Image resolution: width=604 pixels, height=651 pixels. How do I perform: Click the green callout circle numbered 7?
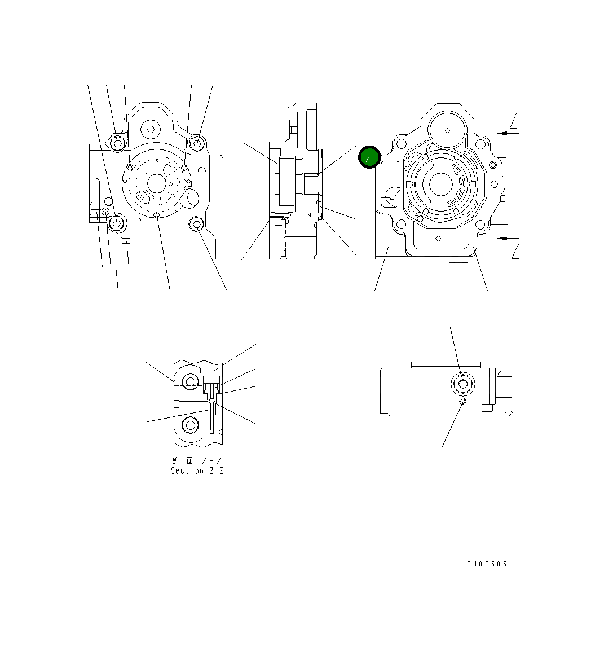[x=369, y=158]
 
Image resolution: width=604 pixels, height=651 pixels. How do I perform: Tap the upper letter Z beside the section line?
[x=513, y=121]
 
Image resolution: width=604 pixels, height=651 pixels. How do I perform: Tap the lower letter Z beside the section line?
[x=514, y=251]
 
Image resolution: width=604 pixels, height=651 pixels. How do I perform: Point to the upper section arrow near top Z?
[x=508, y=133]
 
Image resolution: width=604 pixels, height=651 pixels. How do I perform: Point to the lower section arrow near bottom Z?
[x=508, y=237]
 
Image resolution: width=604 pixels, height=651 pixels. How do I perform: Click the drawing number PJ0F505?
[x=487, y=564]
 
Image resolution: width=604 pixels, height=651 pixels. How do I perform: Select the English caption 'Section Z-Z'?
[x=197, y=470]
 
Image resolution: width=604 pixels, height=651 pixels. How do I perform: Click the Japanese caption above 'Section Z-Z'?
[x=197, y=460]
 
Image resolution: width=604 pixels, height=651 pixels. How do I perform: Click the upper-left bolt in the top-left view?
[x=117, y=143]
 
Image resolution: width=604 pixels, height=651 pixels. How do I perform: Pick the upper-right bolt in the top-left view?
[x=197, y=143]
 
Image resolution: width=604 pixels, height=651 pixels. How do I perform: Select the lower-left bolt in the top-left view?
[x=117, y=223]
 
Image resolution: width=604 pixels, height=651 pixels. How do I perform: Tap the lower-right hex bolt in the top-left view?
[x=196, y=225]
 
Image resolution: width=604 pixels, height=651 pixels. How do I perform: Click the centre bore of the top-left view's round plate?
[x=156, y=182]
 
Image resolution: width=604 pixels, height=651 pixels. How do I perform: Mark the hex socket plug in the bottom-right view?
[x=463, y=384]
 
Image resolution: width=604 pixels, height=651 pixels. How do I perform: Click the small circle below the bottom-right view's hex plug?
[x=462, y=402]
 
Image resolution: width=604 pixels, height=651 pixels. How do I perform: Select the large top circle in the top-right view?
[x=447, y=130]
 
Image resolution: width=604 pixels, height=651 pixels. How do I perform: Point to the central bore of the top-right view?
[x=441, y=184]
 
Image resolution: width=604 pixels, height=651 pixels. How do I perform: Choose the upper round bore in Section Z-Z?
[x=191, y=382]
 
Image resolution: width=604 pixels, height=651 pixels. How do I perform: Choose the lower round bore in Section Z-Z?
[x=191, y=424]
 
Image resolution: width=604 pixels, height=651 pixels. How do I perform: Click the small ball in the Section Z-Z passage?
[x=211, y=402]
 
